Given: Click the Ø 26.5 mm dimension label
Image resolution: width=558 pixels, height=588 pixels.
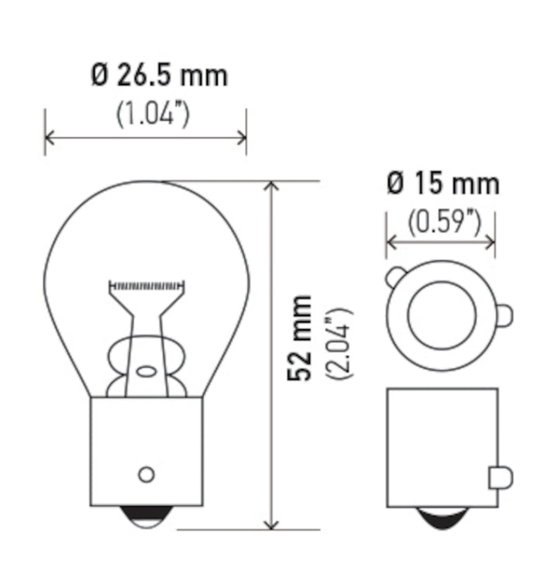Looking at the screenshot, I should pos(159,75).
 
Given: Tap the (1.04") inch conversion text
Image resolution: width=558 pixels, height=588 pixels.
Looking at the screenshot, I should pos(153,115).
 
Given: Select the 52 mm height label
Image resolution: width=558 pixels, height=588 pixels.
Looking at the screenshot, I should pos(299,337).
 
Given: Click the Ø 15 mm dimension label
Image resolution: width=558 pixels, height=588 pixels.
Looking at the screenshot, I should pos(443,184).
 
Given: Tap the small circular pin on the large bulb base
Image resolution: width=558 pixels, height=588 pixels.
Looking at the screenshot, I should pos(146,473).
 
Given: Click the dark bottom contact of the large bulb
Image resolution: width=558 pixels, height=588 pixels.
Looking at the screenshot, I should pos(147,515).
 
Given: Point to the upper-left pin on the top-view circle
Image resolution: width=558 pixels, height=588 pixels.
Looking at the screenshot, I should pos(395,276).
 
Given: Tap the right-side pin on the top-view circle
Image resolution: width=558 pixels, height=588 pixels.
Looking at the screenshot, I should pos(503,315).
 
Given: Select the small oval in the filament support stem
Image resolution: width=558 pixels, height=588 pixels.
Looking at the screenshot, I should pos(146,371).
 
